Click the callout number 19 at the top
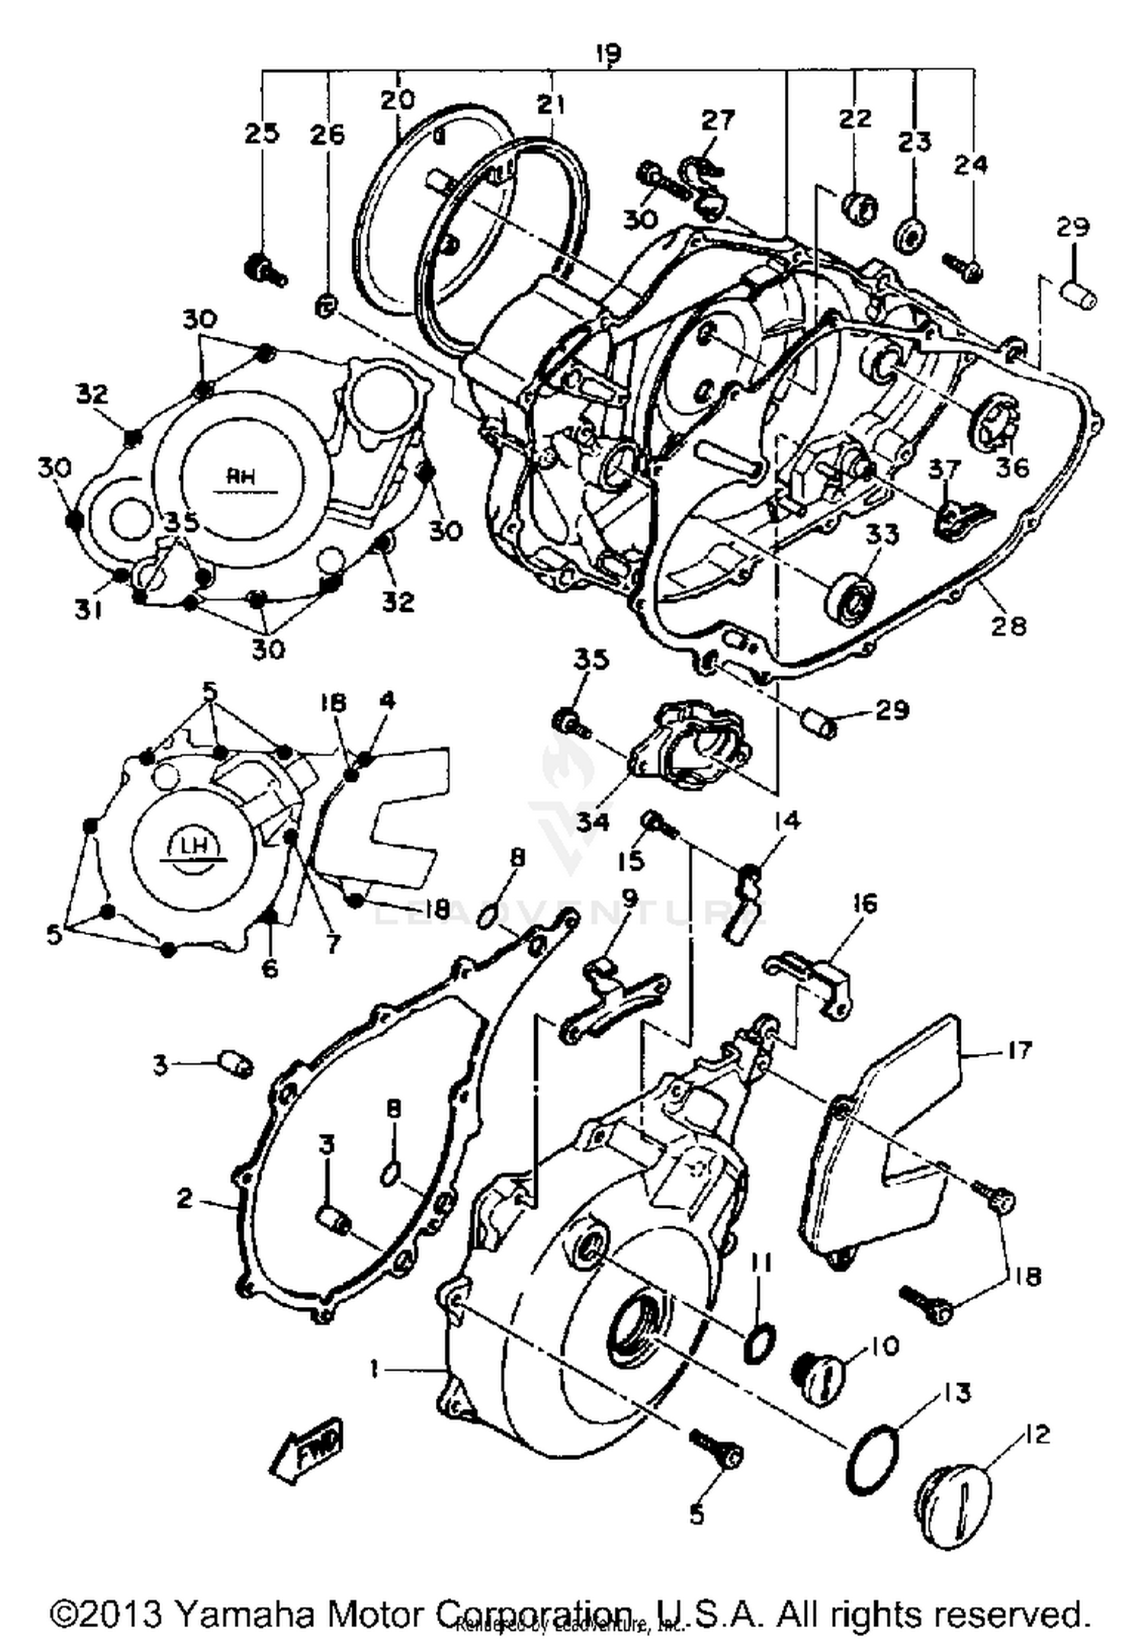click(x=607, y=53)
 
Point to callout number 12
click(x=1036, y=1434)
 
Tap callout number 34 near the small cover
click(x=592, y=821)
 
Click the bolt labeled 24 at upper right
click(x=962, y=267)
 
